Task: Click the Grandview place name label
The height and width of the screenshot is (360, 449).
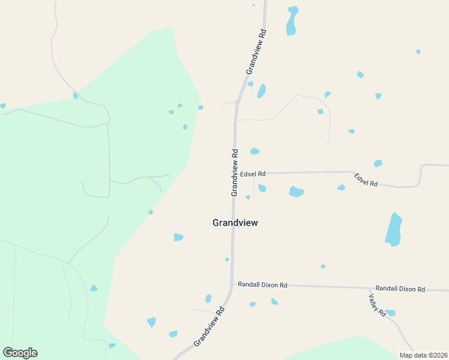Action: point(235,223)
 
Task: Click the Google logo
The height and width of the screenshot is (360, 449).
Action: point(20,353)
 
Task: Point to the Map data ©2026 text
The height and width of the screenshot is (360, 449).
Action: point(423,355)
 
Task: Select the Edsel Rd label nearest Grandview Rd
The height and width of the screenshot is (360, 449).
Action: point(253,173)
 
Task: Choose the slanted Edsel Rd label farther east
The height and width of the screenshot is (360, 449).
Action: point(366,179)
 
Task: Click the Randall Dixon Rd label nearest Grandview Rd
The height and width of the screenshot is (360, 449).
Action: point(262,285)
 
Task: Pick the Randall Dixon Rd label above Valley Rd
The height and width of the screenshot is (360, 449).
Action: point(400,289)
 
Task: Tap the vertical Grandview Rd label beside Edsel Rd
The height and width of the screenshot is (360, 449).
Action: point(235,172)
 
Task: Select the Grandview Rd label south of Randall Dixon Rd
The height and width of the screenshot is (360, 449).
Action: point(209,327)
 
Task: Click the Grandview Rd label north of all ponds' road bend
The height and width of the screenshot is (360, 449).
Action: point(256,51)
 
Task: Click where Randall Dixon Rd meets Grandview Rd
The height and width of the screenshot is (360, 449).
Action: point(233,284)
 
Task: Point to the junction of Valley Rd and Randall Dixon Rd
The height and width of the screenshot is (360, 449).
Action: point(368,288)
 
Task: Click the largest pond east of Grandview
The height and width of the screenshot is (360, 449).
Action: point(393,229)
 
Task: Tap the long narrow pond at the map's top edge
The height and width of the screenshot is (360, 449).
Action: point(292,20)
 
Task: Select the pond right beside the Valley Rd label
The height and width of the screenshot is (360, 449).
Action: point(390,313)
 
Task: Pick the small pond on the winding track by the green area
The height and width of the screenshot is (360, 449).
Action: point(76,95)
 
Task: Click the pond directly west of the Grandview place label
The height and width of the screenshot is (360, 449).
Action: point(178,237)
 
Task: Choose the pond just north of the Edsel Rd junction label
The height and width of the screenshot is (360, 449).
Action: point(255,151)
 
